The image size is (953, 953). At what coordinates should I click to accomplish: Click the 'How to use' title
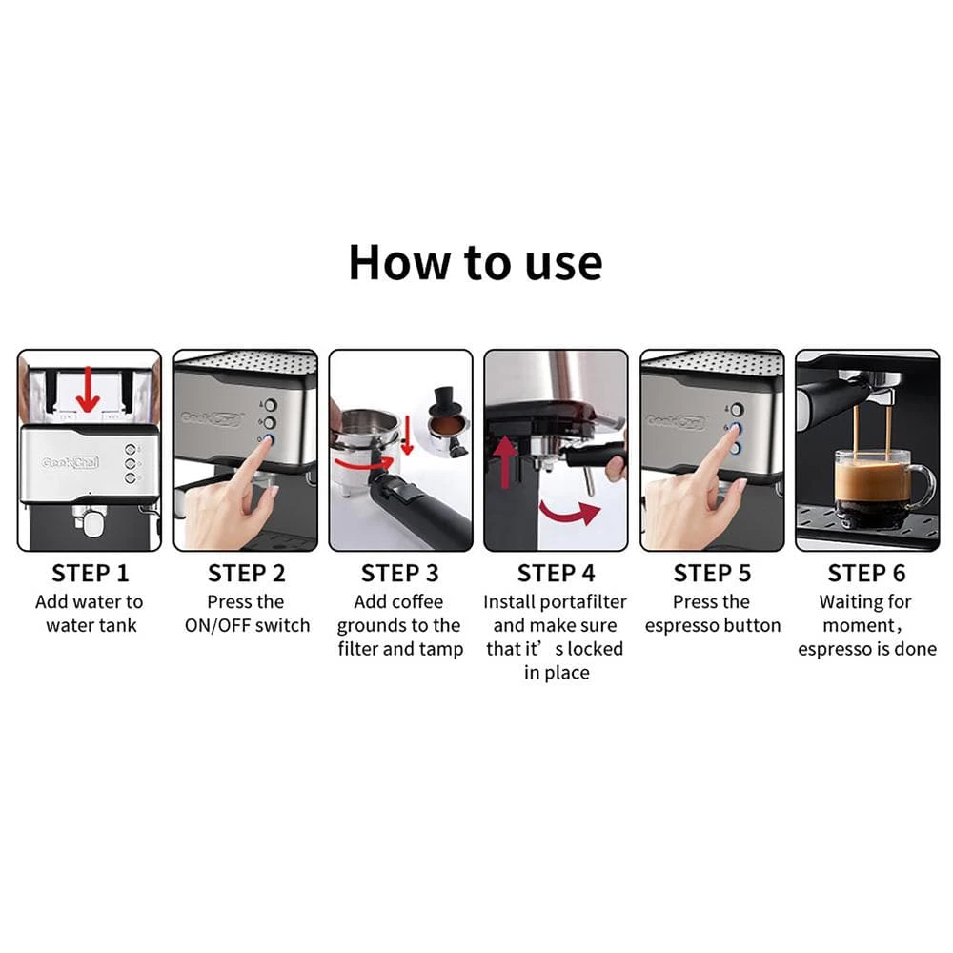tap(475, 262)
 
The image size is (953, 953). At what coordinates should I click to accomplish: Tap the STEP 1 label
tap(90, 574)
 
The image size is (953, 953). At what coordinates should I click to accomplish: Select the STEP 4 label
tap(557, 574)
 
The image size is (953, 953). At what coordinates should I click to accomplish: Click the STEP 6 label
tap(866, 574)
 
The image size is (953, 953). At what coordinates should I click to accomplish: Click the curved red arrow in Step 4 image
tap(568, 513)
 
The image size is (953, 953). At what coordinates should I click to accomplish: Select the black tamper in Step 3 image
tap(445, 400)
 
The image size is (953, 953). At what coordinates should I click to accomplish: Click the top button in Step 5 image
tap(735, 408)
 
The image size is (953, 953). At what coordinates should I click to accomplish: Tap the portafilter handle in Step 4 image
tap(596, 455)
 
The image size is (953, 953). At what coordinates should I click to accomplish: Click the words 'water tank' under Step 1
tap(91, 626)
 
